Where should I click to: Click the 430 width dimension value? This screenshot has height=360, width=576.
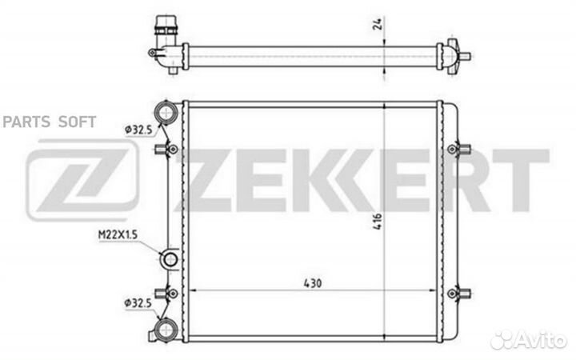click(313, 283)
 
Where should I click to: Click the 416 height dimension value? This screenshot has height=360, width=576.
click(378, 221)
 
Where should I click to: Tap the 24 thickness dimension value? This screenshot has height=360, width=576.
click(379, 23)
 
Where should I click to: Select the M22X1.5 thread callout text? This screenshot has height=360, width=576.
click(118, 234)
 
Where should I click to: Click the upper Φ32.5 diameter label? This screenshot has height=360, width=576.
click(138, 130)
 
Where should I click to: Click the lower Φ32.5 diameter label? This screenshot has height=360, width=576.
click(138, 303)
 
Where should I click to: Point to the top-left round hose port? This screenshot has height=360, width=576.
click(166, 112)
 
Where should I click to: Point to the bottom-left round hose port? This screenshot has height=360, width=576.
click(166, 330)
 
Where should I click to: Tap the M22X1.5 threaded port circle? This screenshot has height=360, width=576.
click(170, 259)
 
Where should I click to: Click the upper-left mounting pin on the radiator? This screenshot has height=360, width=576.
click(166, 149)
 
